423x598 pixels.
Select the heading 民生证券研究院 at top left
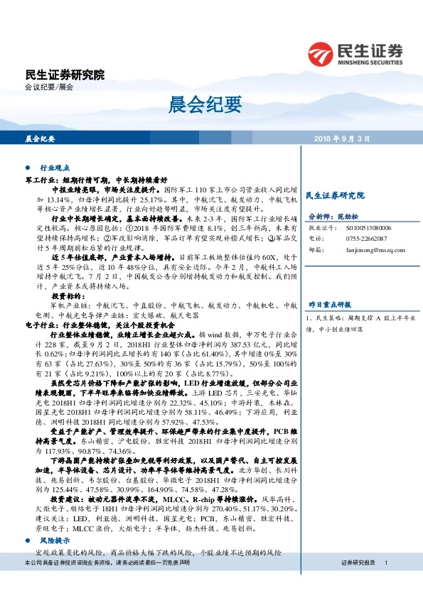tap(65, 74)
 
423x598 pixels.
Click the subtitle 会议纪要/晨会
tap(48, 87)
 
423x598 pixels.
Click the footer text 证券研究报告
tap(358, 562)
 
